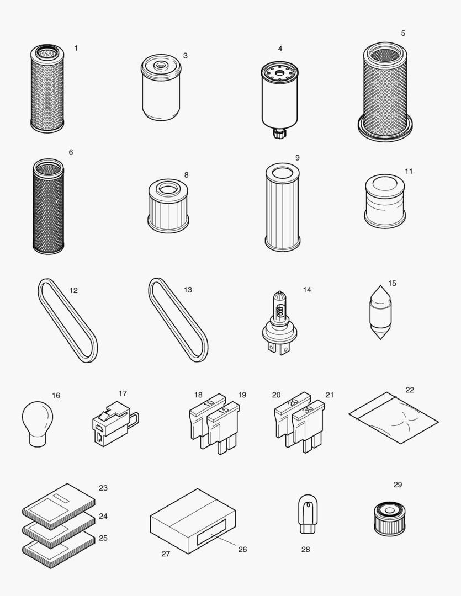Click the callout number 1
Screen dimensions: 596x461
(76, 48)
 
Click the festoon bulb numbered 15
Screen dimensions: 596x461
(380, 312)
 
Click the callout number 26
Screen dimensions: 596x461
(242, 549)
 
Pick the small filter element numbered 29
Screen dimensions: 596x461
(389, 519)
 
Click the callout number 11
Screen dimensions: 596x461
(409, 171)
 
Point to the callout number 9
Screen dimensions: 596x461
(297, 158)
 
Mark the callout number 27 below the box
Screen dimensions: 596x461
(166, 554)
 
